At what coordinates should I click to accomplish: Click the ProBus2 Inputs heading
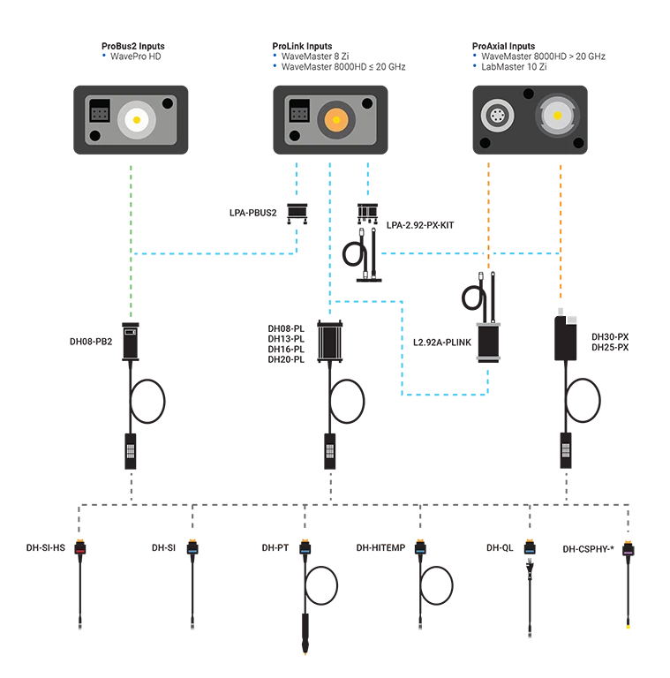(x=132, y=46)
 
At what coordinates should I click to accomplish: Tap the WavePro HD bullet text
(x=136, y=56)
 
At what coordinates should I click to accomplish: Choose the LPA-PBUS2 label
(x=252, y=213)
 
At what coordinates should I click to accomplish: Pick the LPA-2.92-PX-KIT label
(x=420, y=225)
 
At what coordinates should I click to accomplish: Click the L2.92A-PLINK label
(x=442, y=342)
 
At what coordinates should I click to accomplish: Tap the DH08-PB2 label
(x=93, y=341)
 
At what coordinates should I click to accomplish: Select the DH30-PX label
(x=610, y=337)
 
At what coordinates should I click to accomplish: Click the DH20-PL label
(x=286, y=360)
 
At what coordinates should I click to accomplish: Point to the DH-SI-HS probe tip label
(x=46, y=548)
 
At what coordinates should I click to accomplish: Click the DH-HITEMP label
(x=381, y=548)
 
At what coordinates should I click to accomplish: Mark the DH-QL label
(x=500, y=548)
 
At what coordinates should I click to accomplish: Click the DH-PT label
(x=275, y=548)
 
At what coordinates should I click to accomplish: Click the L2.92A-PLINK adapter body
(x=488, y=341)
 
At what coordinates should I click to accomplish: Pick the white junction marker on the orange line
(x=487, y=254)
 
